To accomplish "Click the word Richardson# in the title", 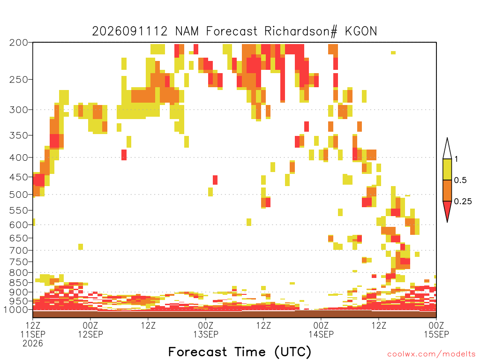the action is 300,31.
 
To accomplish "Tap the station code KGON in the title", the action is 361,31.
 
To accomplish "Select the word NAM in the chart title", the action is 187,31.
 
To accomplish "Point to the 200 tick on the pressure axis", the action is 18,43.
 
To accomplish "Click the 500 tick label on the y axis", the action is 18,195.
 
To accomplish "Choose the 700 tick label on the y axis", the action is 18,250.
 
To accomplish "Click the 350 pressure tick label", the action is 18,135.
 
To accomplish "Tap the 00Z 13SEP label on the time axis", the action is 206,330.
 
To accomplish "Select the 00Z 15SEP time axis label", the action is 436,330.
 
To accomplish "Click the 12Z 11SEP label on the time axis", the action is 33,330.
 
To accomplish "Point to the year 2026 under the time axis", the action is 33,344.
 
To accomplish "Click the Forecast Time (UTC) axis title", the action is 240,352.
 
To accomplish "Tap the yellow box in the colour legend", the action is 447,169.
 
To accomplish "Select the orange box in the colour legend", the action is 447,190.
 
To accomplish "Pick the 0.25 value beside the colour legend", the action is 463,202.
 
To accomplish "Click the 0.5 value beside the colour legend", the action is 460,180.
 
